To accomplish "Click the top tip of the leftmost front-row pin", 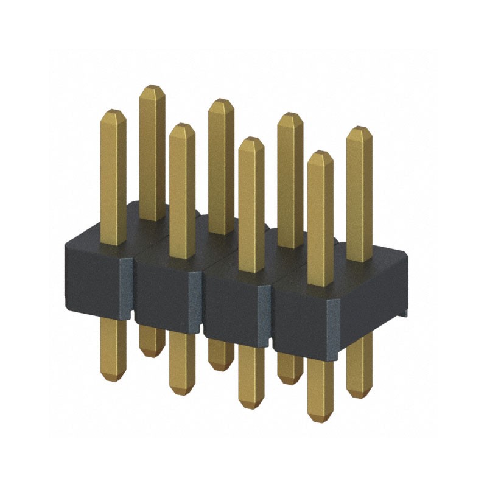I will (113, 112).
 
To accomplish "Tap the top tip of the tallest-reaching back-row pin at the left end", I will (152, 88).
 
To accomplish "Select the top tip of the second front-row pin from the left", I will (182, 126).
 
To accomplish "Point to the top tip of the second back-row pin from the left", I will (220, 100).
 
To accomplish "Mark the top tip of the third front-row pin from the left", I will (251, 140).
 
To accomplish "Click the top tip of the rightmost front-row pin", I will (320, 154).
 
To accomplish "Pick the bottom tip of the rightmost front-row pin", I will (320, 419).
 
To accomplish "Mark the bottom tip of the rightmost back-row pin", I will (359, 396).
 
